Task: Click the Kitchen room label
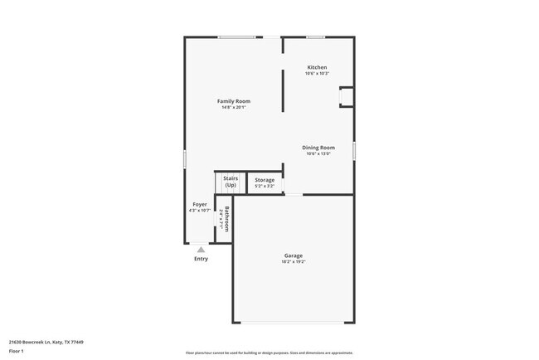tap(317, 67)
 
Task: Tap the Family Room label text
tap(233, 101)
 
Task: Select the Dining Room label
tap(318, 148)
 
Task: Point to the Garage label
tap(293, 255)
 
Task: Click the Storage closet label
tap(265, 180)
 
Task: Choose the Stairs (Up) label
tap(231, 181)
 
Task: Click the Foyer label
tap(200, 204)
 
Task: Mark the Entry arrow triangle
tap(201, 249)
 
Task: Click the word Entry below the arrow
tap(201, 259)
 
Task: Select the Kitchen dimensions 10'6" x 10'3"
tap(317, 74)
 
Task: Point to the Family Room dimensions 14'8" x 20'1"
tap(233, 108)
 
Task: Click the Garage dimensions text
tap(293, 262)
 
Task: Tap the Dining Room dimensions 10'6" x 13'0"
tap(318, 154)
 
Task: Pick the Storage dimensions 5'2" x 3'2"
tap(265, 186)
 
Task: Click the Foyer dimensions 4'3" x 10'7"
tap(200, 211)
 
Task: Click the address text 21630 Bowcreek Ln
tap(46, 342)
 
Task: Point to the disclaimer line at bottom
tap(269, 353)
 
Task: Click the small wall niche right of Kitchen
tap(346, 97)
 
